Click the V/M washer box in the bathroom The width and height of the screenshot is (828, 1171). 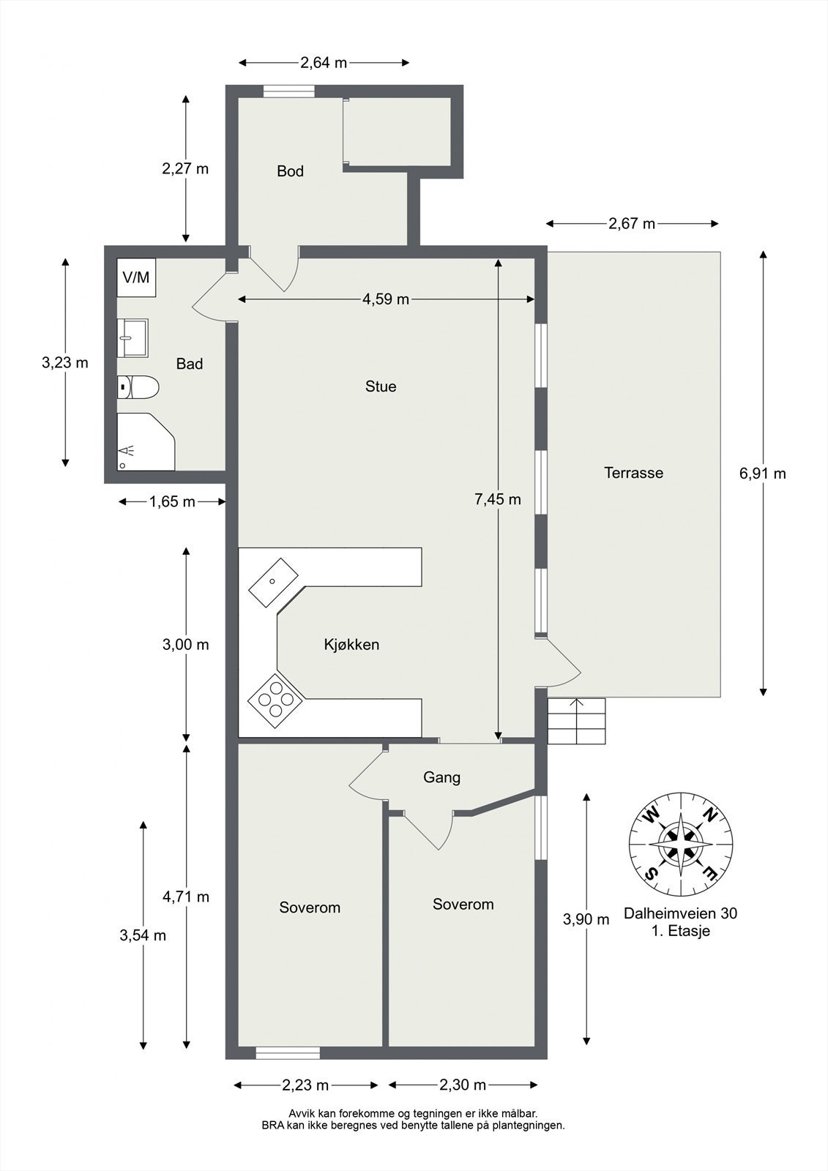pyautogui.click(x=136, y=278)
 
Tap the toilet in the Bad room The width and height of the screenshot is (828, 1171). pyautogui.click(x=138, y=387)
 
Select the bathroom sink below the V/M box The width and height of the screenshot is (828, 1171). pyautogui.click(x=133, y=338)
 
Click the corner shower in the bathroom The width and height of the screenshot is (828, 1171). pyautogui.click(x=145, y=441)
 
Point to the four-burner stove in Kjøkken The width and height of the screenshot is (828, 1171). pyautogui.click(x=276, y=700)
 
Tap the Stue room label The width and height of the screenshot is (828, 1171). pyautogui.click(x=381, y=386)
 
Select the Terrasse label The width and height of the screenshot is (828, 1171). pyautogui.click(x=633, y=473)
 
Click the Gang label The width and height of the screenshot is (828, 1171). pyautogui.click(x=441, y=777)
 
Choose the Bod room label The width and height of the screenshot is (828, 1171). pyautogui.click(x=290, y=171)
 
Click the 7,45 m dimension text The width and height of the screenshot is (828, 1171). pyautogui.click(x=498, y=500)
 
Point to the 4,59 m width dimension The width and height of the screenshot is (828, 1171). pyautogui.click(x=386, y=299)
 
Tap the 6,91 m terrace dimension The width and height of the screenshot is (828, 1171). pyautogui.click(x=763, y=474)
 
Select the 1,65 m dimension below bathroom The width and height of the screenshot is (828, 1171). pyautogui.click(x=172, y=502)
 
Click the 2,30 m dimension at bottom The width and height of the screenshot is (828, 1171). pyautogui.click(x=463, y=1085)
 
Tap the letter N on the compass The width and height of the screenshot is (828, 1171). pyautogui.click(x=709, y=814)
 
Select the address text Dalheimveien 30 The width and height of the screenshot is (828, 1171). pyautogui.click(x=680, y=913)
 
